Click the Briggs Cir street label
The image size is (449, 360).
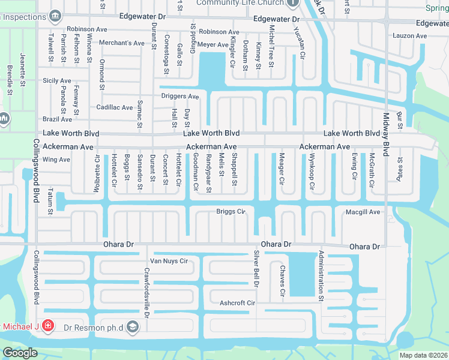point(231,212)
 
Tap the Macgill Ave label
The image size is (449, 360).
point(363,212)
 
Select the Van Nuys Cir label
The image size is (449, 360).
point(169,261)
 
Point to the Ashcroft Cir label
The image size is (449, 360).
point(237,303)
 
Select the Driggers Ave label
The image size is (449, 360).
point(179,96)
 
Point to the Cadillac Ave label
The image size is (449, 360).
point(115,107)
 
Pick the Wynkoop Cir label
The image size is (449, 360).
point(312,172)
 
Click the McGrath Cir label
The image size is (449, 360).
point(372,170)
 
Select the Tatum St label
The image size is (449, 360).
point(51,201)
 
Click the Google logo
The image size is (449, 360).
point(20,353)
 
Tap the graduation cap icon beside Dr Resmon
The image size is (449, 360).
point(133,327)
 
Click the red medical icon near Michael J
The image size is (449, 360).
point(47,327)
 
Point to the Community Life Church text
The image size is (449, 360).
point(247,3)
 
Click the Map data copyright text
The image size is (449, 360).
point(423,355)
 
